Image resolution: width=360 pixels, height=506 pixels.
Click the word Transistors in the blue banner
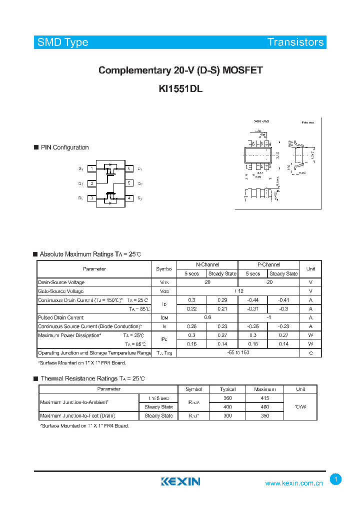[x=295, y=42]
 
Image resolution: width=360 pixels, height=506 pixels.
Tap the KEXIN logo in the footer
[x=180, y=481]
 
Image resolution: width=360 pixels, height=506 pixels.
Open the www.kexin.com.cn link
[x=294, y=483]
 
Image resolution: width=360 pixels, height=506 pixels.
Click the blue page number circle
[x=336, y=479]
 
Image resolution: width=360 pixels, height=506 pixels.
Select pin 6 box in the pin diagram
[x=128, y=169]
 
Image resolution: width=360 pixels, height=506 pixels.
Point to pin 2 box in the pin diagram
[x=92, y=183]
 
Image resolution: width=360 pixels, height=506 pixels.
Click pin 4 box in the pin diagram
[x=128, y=198]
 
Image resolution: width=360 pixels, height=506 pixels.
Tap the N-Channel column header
[x=207, y=264]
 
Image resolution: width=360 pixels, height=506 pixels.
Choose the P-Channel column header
[x=268, y=264]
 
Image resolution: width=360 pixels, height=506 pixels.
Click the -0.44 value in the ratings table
[x=252, y=300]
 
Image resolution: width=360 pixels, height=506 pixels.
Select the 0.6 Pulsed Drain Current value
[x=207, y=317]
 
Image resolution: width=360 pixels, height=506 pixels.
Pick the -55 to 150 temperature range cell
[x=238, y=353]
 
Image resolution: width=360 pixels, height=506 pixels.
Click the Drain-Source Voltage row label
[x=61, y=282]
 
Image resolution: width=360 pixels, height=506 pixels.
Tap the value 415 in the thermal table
[x=264, y=398]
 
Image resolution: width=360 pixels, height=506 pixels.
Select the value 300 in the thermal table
[x=227, y=415]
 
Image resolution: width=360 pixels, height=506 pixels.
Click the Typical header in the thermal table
[x=227, y=389]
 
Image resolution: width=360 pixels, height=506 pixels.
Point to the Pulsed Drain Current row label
[x=61, y=317]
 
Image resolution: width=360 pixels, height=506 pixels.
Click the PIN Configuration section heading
[x=64, y=147]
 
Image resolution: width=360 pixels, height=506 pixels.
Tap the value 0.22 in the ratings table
[x=191, y=308]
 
